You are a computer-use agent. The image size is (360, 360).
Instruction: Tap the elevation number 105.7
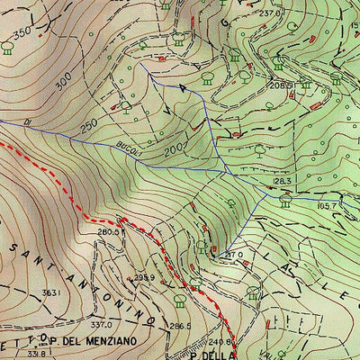(327, 206)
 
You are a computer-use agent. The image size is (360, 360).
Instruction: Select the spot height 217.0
(234, 255)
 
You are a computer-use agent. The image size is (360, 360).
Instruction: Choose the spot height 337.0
(100, 325)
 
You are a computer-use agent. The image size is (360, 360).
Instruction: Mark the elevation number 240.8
(222, 342)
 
